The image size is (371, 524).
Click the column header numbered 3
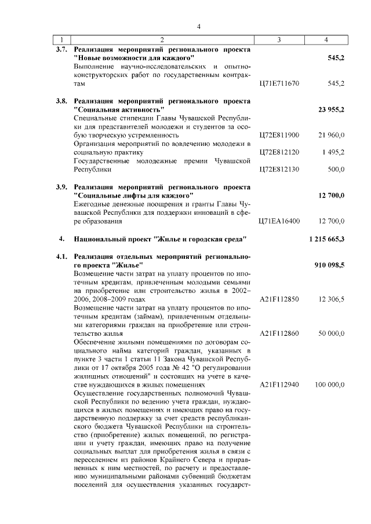click(x=279, y=39)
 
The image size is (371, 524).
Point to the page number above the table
click(x=198, y=26)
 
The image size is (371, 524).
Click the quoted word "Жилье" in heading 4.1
click(x=128, y=265)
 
